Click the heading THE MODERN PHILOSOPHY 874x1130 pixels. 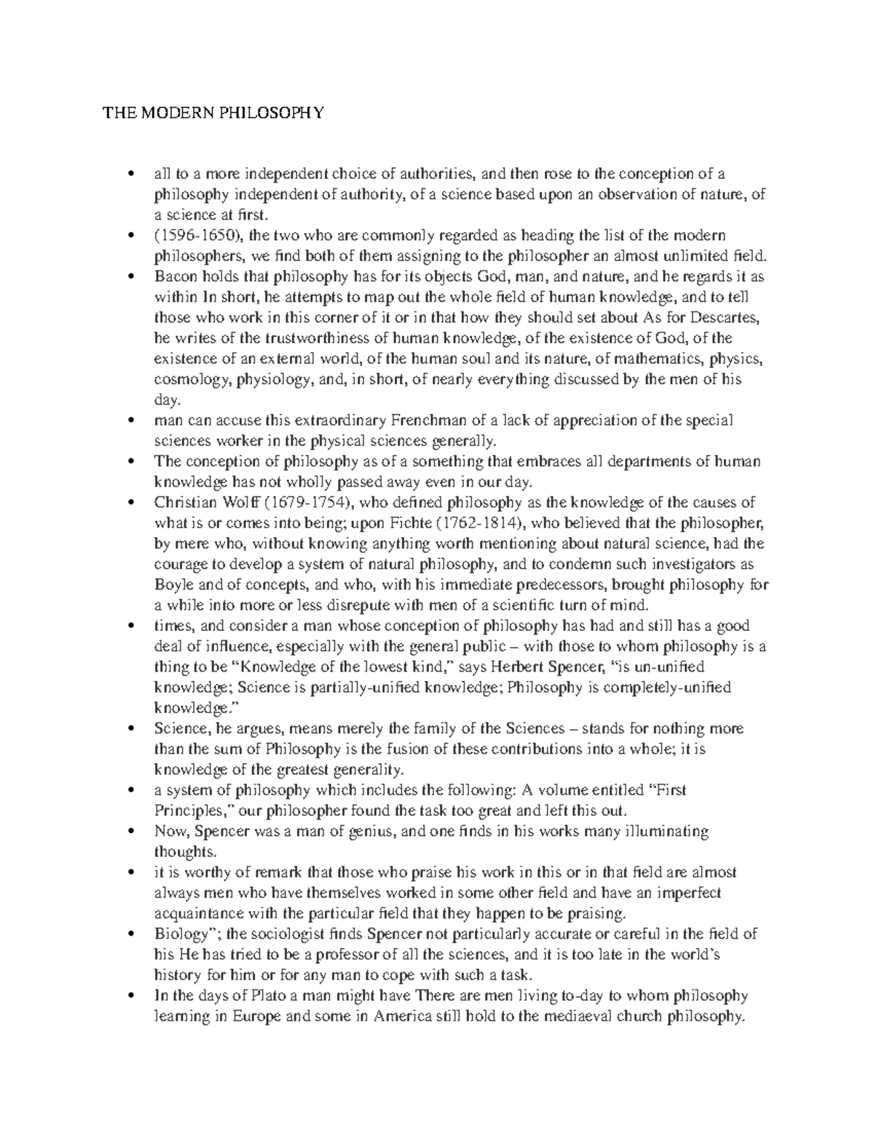coord(212,113)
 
